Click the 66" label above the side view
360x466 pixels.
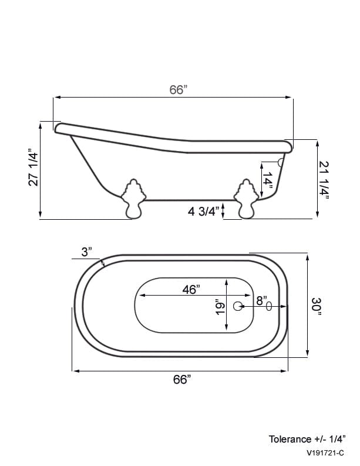click(179, 89)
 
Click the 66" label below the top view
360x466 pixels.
click(182, 379)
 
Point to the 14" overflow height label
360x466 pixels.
click(267, 180)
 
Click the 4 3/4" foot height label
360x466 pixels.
click(203, 212)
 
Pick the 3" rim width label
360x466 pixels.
click(86, 252)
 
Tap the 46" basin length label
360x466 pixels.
click(191, 289)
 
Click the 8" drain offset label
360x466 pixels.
click(262, 300)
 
